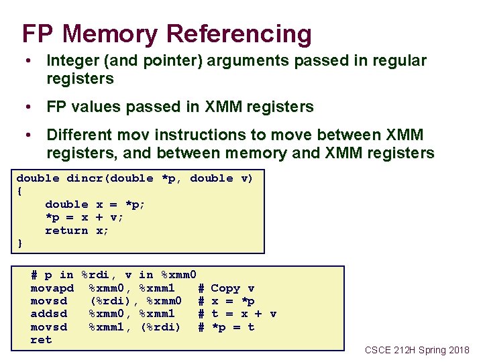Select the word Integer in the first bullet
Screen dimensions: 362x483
pos(72,61)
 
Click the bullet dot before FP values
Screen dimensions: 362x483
pos(28,107)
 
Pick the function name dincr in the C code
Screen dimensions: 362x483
pos(84,178)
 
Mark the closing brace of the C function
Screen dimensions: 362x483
pos(20,243)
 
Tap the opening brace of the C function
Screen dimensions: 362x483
pos(20,191)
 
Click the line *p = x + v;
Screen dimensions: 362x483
pos(85,217)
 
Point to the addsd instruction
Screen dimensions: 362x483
pos(49,314)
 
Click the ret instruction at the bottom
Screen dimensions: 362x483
pos(42,340)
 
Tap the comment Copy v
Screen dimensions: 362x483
pos(233,288)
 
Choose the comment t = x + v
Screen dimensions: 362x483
pos(244,314)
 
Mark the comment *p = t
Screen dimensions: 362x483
pos(233,327)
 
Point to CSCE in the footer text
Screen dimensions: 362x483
pos(378,350)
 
